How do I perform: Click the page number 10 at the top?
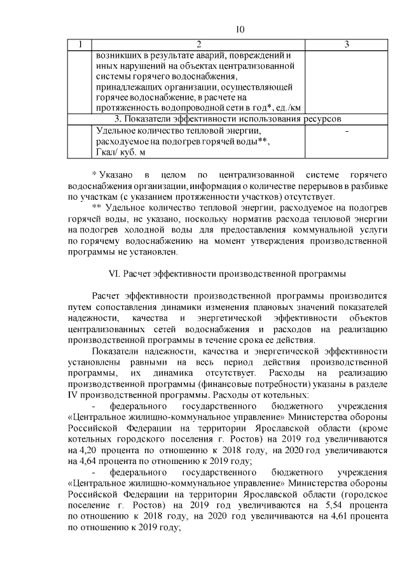(240, 29)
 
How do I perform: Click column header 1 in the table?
(79, 45)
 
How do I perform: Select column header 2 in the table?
(198, 45)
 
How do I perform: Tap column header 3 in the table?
(347, 45)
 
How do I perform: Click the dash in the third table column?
(347, 130)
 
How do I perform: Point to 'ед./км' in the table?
(286, 108)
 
